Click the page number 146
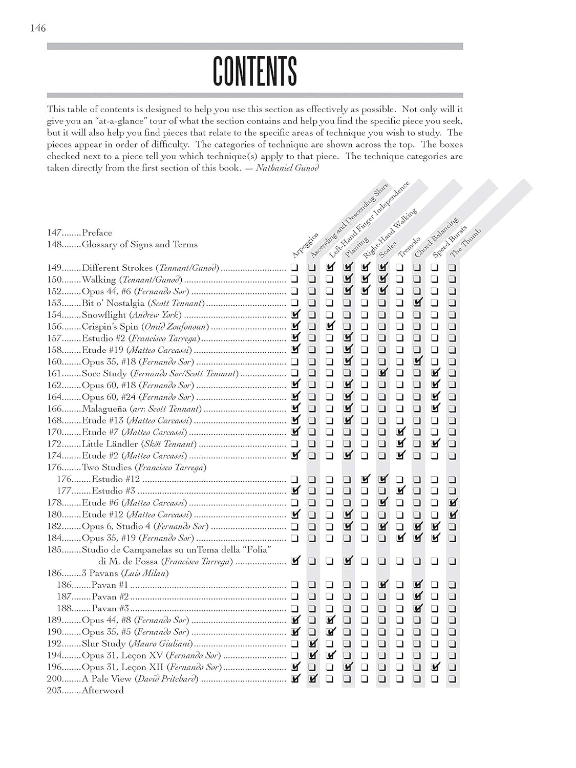(38, 28)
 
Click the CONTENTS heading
(254, 71)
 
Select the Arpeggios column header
(305, 245)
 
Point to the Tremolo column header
(408, 247)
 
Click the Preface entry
(97, 233)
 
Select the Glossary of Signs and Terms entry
(139, 245)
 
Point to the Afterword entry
(102, 690)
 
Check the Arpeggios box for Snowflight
(295, 314)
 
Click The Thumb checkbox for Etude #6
(453, 502)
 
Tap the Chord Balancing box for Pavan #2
(418, 596)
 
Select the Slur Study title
(103, 644)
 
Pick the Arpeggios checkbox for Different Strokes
(294, 267)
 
